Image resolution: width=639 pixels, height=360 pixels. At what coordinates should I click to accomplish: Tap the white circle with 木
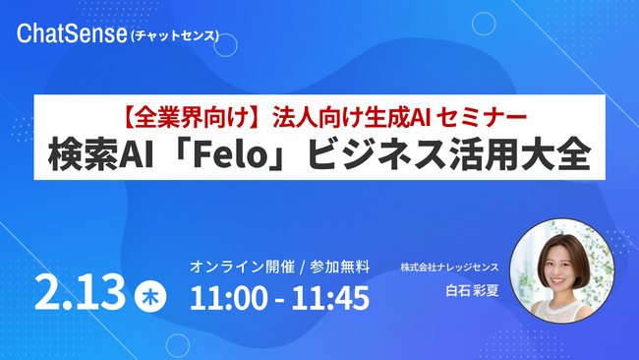pos(147,295)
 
